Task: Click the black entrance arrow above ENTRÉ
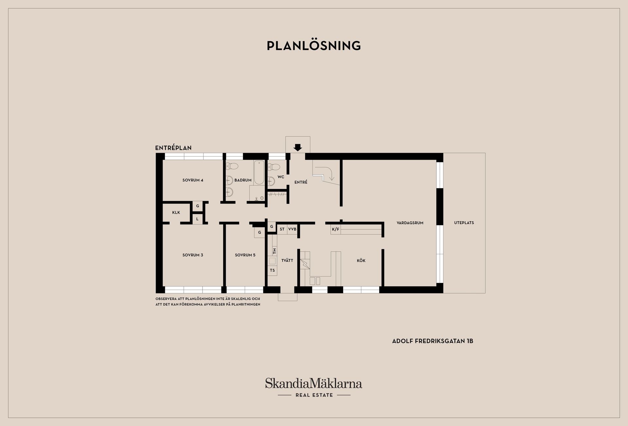[x=298, y=148]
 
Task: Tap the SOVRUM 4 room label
[x=193, y=180]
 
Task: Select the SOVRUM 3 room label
[x=193, y=255]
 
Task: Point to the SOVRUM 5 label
[x=245, y=255]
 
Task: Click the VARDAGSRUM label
[x=410, y=223]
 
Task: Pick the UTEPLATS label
[x=464, y=223]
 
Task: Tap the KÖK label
[x=361, y=260]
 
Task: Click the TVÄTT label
[x=287, y=260]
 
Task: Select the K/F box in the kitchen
[x=336, y=229]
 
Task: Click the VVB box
[x=292, y=229]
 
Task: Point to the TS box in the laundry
[x=272, y=271]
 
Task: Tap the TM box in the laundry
[x=274, y=251]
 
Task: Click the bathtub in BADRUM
[x=259, y=172]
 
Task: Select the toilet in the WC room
[x=274, y=167]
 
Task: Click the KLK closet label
[x=176, y=213]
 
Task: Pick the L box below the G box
[x=197, y=219]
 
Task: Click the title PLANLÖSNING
[x=314, y=46]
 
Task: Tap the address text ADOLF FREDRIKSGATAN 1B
[x=433, y=341]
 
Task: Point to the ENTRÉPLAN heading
[x=173, y=148]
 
